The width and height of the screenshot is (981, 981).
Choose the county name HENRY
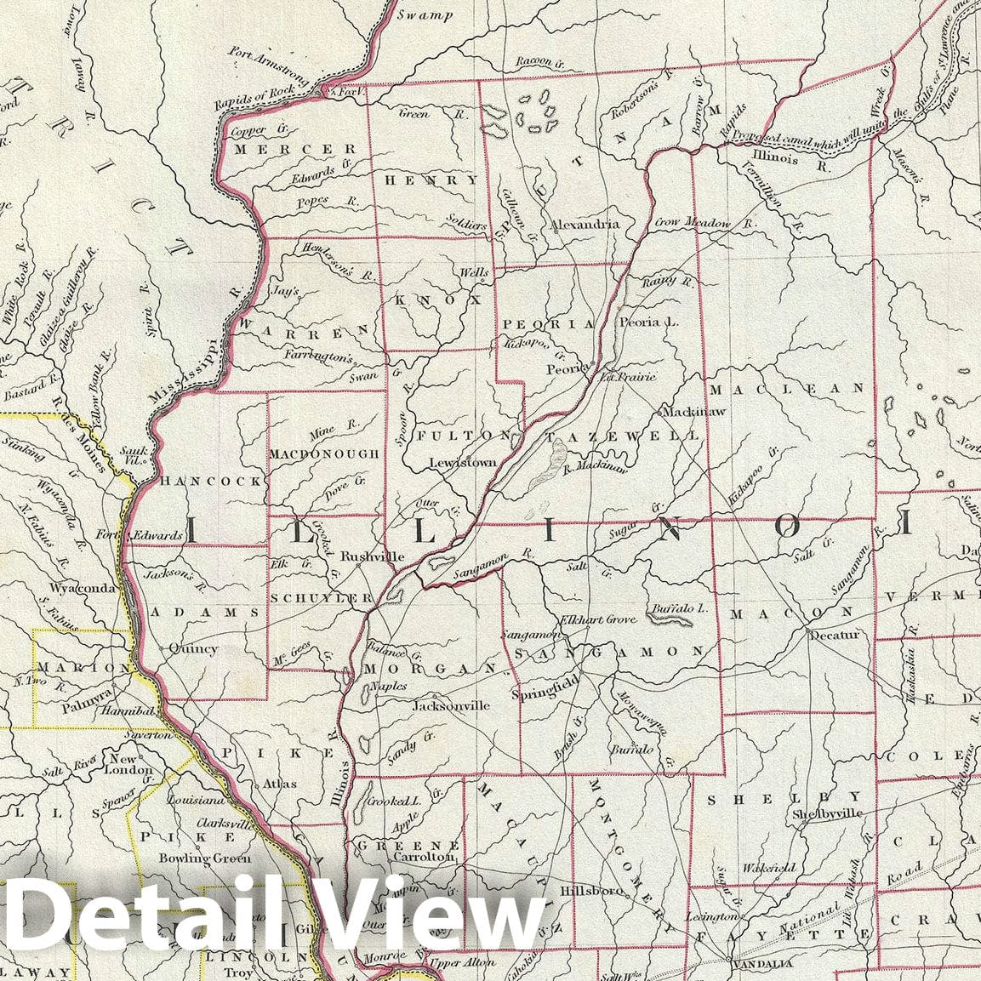pos(431,180)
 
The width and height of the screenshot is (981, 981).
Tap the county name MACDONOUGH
pos(324,454)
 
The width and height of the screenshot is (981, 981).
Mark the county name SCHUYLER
pos(322,598)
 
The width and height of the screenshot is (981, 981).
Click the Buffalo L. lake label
pos(678,609)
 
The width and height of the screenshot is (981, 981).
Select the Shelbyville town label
pos(827,813)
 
